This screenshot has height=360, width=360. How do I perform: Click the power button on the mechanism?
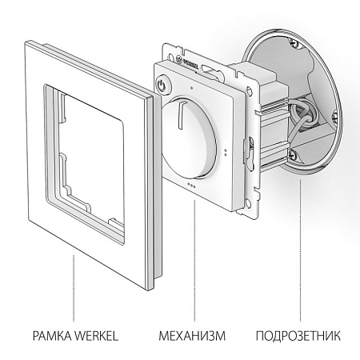pos(162,85)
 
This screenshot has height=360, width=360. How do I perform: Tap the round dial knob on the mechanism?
pos(188,138)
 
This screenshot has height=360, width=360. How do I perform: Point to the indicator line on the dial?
pos(181,113)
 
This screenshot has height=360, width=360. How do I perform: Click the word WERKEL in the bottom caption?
pos(96,335)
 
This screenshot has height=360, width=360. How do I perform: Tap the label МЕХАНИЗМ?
pos(192,335)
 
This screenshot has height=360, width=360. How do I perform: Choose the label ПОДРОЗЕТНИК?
pos(298,335)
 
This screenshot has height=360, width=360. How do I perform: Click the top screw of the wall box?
pos(293,42)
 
